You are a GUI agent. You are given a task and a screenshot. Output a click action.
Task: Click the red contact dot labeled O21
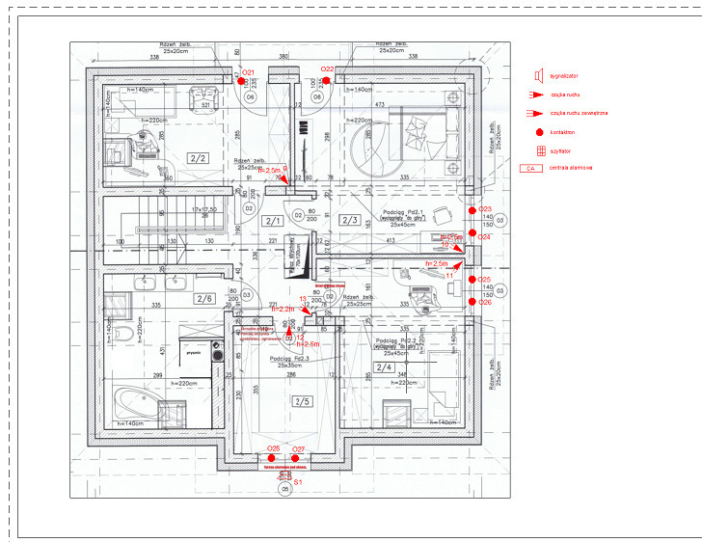(243, 81)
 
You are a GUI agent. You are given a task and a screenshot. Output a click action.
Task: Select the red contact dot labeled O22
(327, 81)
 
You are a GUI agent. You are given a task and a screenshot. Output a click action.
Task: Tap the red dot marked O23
(472, 209)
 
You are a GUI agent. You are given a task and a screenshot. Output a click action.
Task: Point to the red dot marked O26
(472, 302)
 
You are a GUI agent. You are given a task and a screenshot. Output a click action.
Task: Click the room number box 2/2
(199, 157)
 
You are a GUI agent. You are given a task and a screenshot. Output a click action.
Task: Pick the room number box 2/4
(385, 367)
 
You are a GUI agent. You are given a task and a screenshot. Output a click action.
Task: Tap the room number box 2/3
(350, 221)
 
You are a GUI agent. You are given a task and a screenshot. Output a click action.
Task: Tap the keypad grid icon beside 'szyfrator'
(539, 149)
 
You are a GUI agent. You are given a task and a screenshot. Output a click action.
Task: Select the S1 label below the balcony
(298, 479)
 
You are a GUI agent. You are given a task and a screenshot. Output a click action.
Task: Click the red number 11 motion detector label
(449, 275)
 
